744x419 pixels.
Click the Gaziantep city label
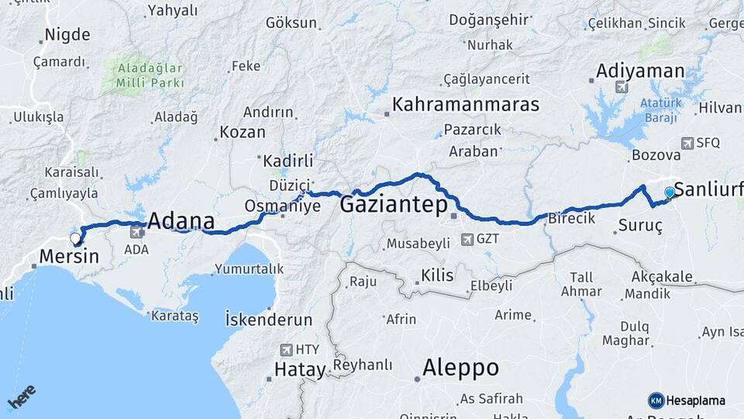pyautogui.click(x=394, y=206)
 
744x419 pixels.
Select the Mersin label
pyautogui.click(x=69, y=257)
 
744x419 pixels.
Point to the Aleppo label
pyautogui.click(x=460, y=368)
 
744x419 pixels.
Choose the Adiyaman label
pyautogui.click(x=639, y=71)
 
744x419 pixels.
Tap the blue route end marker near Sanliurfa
pyautogui.click(x=670, y=192)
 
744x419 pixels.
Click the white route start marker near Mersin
pyautogui.click(x=75, y=238)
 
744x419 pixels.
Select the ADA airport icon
pyautogui.click(x=137, y=231)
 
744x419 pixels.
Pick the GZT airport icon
pyautogui.click(x=467, y=239)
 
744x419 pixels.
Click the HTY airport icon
pyautogui.click(x=288, y=350)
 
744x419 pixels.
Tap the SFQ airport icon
pyautogui.click(x=687, y=143)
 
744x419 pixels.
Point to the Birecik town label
pyautogui.click(x=571, y=219)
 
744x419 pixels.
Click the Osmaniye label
pyautogui.click(x=271, y=206)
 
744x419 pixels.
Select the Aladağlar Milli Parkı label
pyautogui.click(x=150, y=75)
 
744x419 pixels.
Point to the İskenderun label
pyautogui.click(x=268, y=320)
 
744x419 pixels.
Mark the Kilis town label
pyautogui.click(x=436, y=275)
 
